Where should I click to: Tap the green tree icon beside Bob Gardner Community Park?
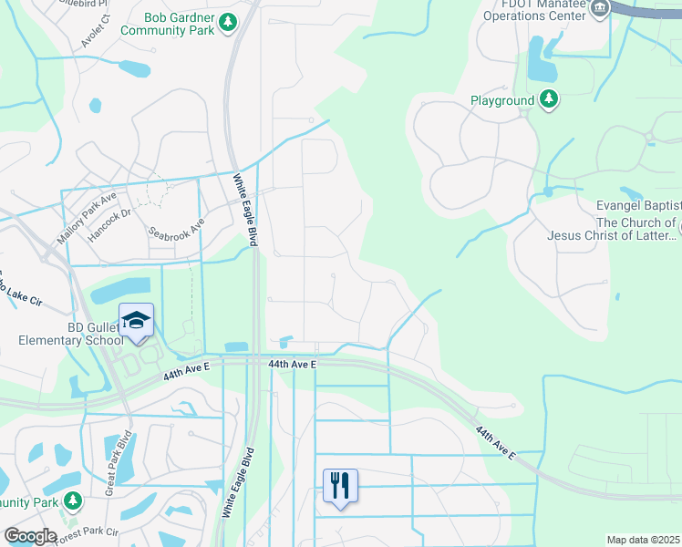(228, 22)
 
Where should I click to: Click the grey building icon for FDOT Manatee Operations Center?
(599, 9)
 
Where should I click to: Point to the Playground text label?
(502, 100)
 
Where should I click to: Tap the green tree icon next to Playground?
(549, 99)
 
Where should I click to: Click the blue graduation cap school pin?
(136, 321)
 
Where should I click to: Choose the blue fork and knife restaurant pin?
(340, 485)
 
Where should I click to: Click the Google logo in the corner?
(29, 536)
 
